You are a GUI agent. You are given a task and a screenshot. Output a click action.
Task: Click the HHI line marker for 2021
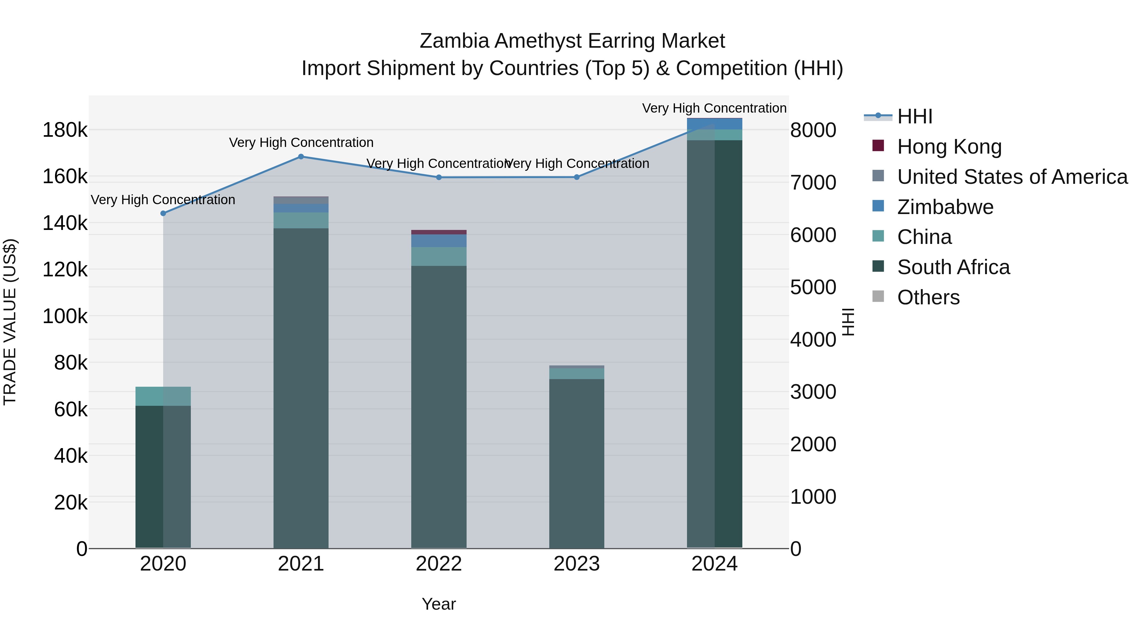tap(301, 156)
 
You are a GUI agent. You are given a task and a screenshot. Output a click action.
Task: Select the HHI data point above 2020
tap(163, 213)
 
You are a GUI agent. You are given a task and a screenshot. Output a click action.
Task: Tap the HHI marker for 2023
tap(577, 177)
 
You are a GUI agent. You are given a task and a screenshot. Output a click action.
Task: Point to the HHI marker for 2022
tap(439, 177)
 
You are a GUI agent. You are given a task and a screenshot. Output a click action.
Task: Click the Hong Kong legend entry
tap(949, 147)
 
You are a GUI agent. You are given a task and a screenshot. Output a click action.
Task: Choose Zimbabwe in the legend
tap(945, 207)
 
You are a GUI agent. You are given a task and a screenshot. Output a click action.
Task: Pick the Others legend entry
tap(928, 297)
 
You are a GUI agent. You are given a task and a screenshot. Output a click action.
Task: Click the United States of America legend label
tap(1012, 177)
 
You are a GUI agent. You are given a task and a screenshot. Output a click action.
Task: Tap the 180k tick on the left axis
tap(65, 130)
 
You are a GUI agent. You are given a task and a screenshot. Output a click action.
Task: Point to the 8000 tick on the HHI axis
tap(813, 130)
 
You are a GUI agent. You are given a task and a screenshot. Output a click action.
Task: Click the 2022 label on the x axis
tap(439, 564)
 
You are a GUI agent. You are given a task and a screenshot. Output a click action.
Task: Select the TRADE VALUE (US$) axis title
tap(10, 322)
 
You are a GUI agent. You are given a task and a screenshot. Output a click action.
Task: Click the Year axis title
tap(439, 604)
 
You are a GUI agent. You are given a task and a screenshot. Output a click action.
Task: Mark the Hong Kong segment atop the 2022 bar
tap(439, 232)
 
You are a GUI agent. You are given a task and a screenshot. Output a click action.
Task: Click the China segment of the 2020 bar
tap(163, 396)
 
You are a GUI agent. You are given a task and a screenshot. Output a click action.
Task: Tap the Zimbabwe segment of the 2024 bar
tap(714, 124)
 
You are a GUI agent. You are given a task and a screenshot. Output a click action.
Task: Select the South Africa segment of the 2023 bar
tap(577, 462)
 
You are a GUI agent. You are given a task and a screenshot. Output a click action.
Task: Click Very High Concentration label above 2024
tap(714, 108)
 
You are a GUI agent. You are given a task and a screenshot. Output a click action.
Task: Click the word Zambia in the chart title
tap(455, 41)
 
